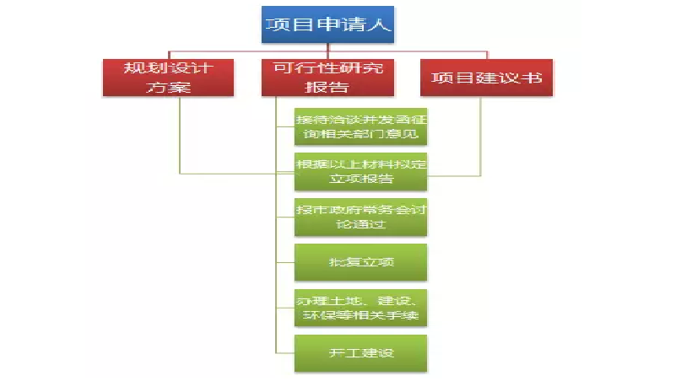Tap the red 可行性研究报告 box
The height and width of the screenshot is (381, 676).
pyautogui.click(x=328, y=77)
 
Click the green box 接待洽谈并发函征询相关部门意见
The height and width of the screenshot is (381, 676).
pyautogui.click(x=360, y=126)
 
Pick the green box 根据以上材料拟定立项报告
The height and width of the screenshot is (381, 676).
pyautogui.click(x=360, y=170)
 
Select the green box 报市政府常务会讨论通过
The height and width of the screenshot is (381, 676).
pyautogui.click(x=360, y=216)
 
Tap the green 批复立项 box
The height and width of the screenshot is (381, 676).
pyautogui.click(x=360, y=262)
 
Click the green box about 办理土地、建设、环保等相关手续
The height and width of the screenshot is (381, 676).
pyautogui.click(x=360, y=308)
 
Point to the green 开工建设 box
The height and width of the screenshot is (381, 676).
pyautogui.click(x=360, y=353)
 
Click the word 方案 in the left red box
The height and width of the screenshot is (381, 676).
pyautogui.click(x=169, y=87)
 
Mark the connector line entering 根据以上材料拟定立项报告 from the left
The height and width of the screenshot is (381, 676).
pyautogui.click(x=236, y=174)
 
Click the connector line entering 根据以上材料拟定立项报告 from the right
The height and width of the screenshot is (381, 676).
pyautogui.click(x=456, y=175)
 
